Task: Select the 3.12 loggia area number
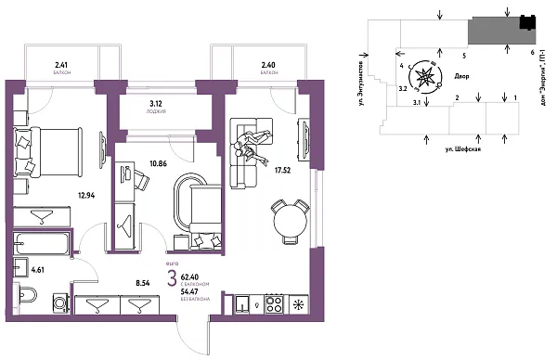pyautogui.click(x=156, y=105)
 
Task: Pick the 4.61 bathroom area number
pyautogui.click(x=38, y=270)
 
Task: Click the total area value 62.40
pyautogui.click(x=192, y=276)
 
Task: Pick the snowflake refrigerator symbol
pyautogui.click(x=298, y=304)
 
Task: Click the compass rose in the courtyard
pyautogui.click(x=426, y=77)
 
